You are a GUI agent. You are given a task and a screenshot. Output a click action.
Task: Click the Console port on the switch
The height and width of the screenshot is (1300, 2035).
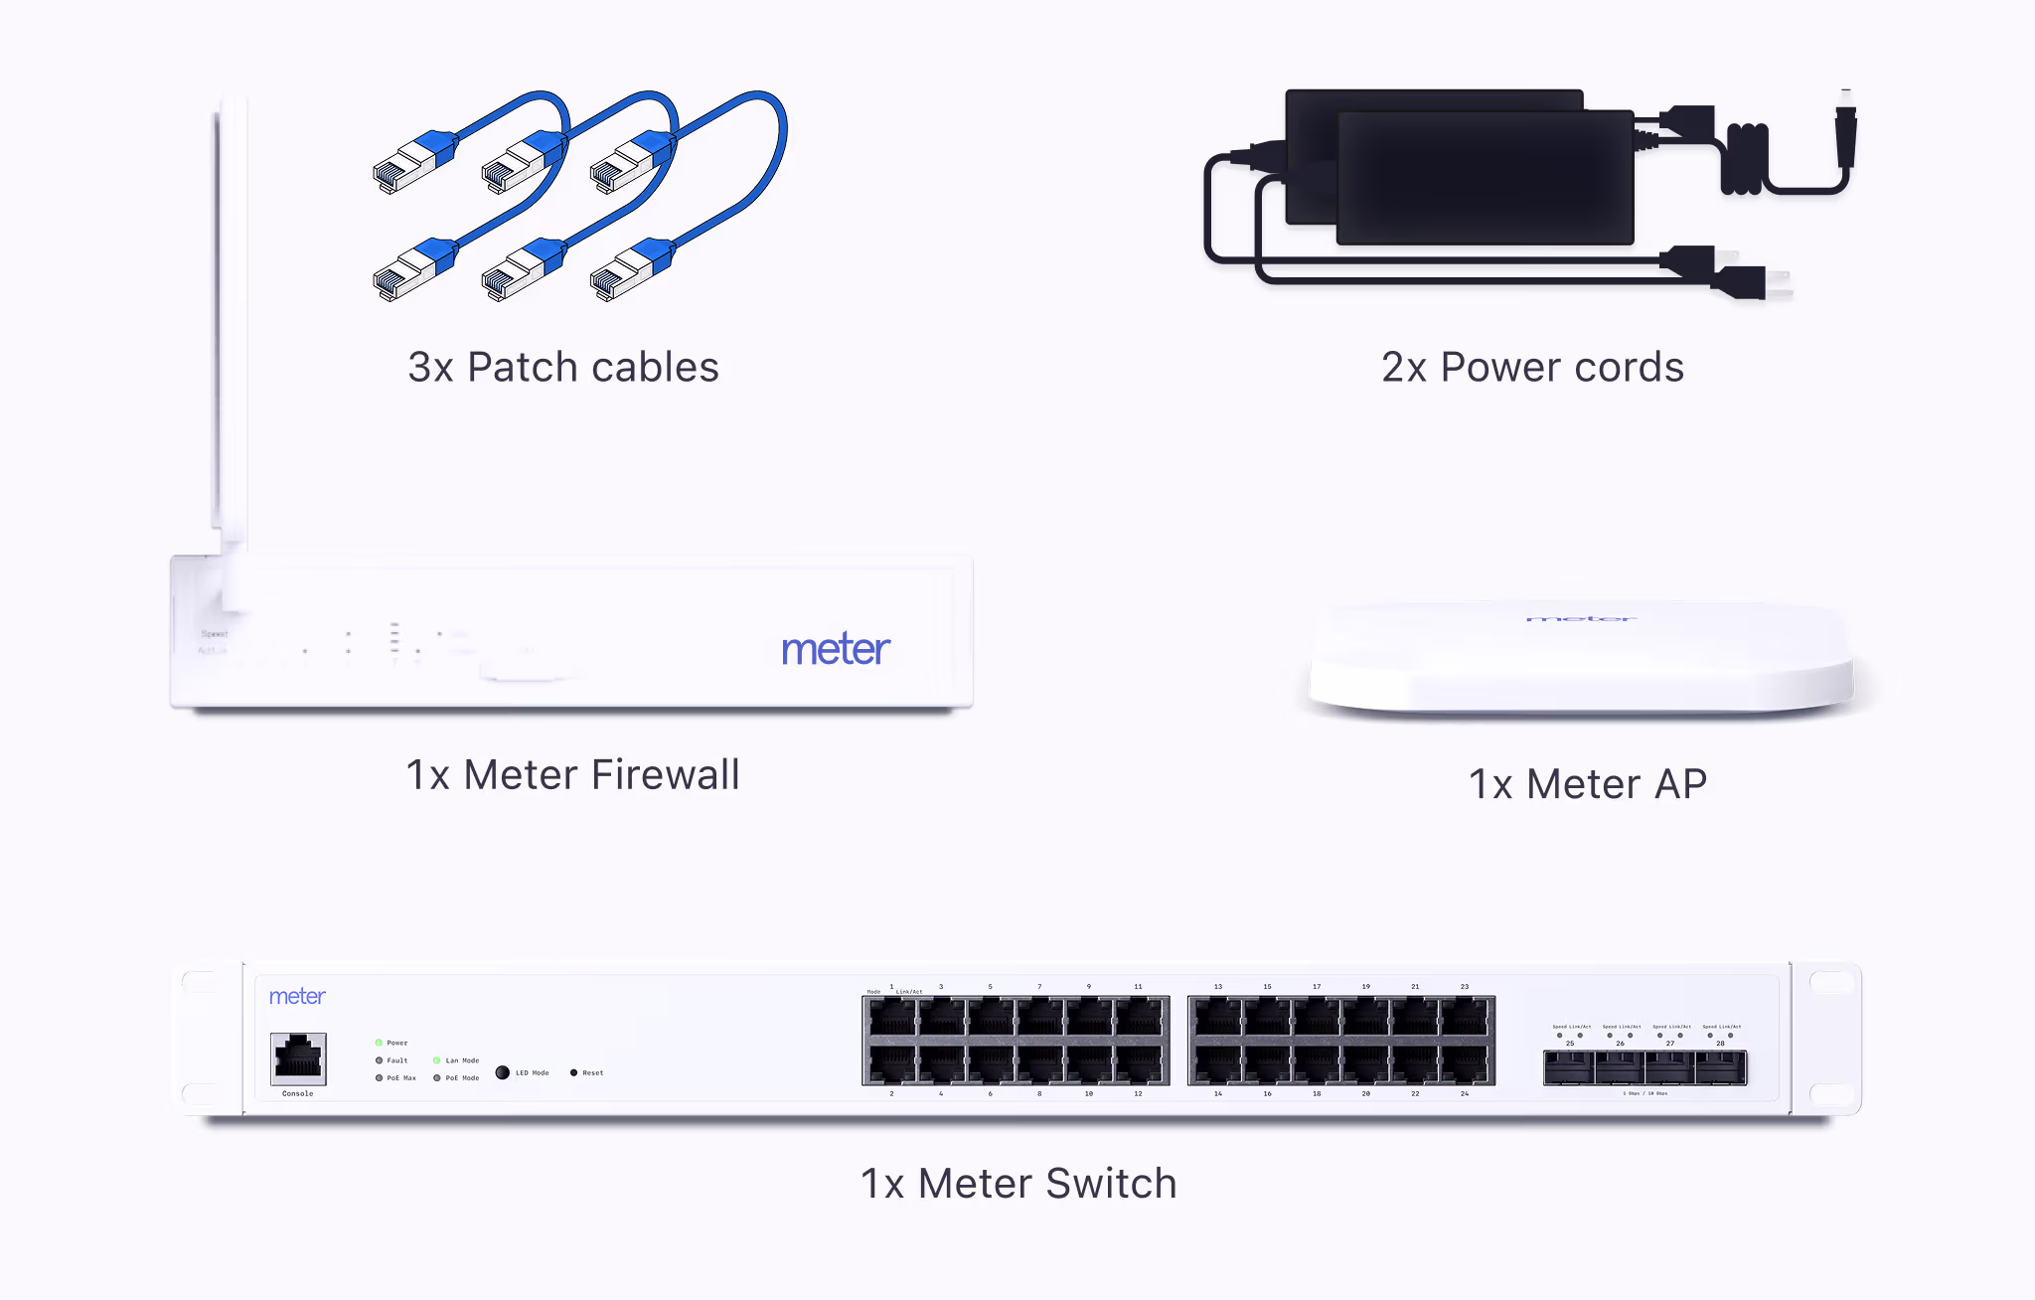coord(298,1058)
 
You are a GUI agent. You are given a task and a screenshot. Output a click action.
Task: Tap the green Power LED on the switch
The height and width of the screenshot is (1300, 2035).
coord(379,1043)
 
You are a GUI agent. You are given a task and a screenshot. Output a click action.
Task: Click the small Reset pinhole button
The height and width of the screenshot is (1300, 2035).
coord(573,1072)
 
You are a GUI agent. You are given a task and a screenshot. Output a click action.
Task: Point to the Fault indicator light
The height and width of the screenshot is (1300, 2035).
coord(379,1060)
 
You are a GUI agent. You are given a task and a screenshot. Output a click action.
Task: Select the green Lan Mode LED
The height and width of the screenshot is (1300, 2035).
coord(437,1060)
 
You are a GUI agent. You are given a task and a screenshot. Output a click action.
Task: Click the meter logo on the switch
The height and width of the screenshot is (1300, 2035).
coord(297,997)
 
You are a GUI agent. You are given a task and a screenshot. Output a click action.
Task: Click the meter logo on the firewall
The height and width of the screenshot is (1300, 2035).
coord(836,649)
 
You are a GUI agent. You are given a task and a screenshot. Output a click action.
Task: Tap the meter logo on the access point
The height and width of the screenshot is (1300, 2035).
coord(1581,619)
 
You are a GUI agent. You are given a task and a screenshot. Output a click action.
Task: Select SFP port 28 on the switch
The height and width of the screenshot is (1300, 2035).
coord(1721,1068)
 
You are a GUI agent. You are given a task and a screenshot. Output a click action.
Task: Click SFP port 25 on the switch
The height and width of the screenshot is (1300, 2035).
coord(1570,1068)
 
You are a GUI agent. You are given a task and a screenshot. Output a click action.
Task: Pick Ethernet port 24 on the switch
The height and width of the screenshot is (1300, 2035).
coord(1465,1064)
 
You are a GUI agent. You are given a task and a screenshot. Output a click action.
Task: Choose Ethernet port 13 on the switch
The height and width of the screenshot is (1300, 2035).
coord(1218,1018)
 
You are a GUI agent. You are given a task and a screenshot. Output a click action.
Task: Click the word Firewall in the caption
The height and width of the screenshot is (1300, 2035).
coord(666,775)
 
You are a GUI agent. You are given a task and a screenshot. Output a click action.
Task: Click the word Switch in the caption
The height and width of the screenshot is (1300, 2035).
coord(1111,1184)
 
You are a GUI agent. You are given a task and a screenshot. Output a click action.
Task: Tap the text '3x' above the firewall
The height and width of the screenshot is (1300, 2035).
coord(430,368)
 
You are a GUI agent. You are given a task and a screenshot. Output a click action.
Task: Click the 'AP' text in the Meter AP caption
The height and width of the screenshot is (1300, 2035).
coord(1680,784)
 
